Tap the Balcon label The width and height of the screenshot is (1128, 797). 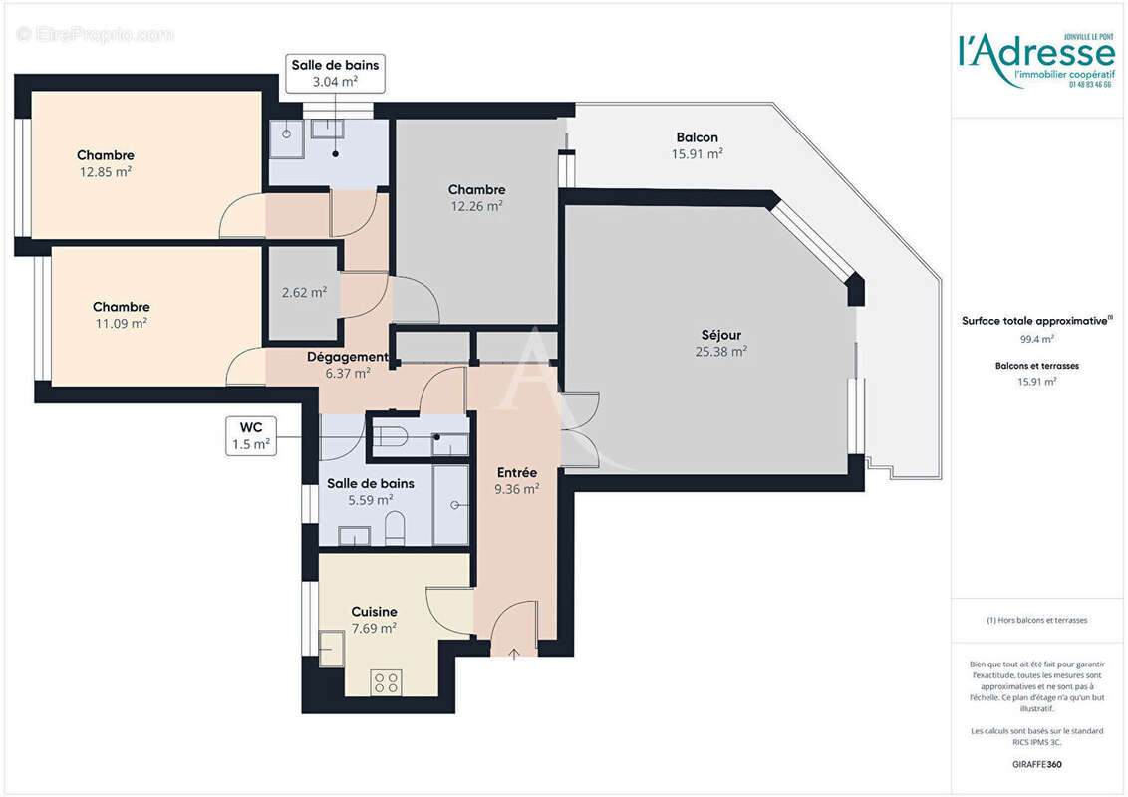coord(697,137)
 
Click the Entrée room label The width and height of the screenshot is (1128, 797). coord(516,472)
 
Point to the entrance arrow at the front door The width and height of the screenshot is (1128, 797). coord(514,653)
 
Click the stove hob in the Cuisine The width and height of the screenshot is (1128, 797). coord(386,682)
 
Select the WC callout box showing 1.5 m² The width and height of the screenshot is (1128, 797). coord(249,436)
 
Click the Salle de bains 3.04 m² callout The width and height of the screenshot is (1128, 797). coord(335,74)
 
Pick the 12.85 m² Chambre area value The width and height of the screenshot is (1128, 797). coord(106,171)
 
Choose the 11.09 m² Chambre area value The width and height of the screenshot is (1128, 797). coord(122,323)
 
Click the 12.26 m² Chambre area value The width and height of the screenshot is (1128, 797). coord(476,206)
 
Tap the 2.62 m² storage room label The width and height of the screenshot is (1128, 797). coord(304,293)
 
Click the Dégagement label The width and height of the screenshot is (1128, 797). coord(347,357)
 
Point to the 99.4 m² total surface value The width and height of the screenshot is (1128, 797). coord(1036,339)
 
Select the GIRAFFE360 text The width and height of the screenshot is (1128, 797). coord(1036,765)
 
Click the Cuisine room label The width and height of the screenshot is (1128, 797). coord(374,612)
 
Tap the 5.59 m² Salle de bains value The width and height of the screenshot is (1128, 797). coord(370,500)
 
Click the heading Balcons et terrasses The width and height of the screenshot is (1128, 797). coord(1036,366)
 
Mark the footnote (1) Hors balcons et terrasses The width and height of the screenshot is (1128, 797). coord(1036,620)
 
